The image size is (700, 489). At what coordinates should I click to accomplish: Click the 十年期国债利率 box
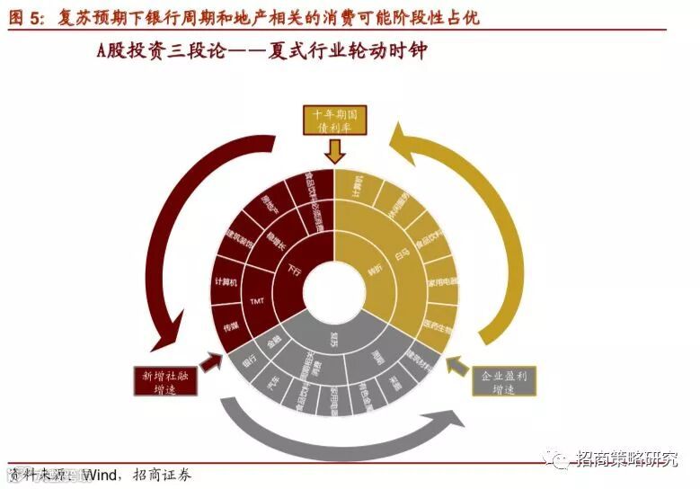point(334,121)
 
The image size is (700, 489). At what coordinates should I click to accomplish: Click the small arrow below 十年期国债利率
point(334,153)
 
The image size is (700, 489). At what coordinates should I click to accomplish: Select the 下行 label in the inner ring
point(293,269)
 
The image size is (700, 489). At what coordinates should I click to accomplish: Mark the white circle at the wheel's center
point(333,292)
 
